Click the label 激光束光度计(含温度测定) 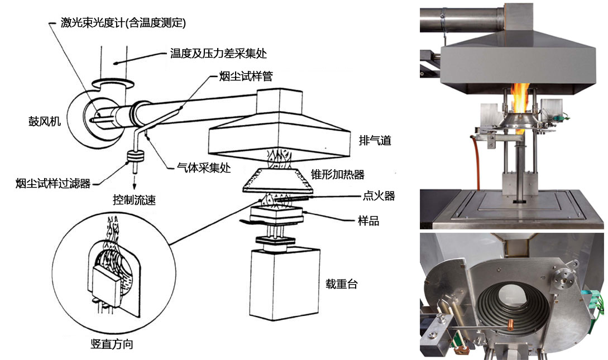pyautogui.click(x=123, y=23)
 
